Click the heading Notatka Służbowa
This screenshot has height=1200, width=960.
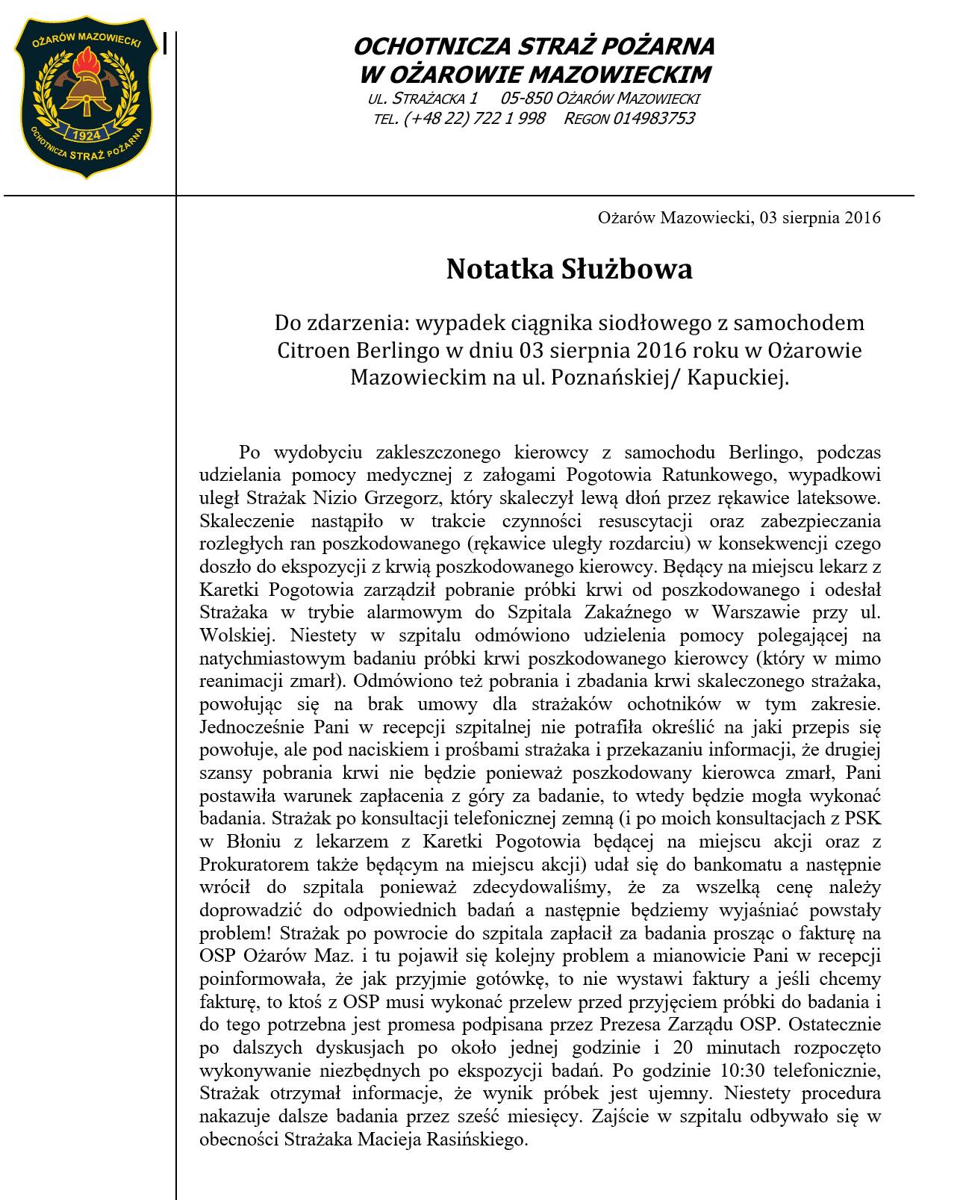(569, 269)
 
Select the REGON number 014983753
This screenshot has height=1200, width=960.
(654, 118)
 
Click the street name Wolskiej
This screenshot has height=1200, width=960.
(235, 636)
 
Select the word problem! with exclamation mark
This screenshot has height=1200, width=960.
(228, 933)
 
